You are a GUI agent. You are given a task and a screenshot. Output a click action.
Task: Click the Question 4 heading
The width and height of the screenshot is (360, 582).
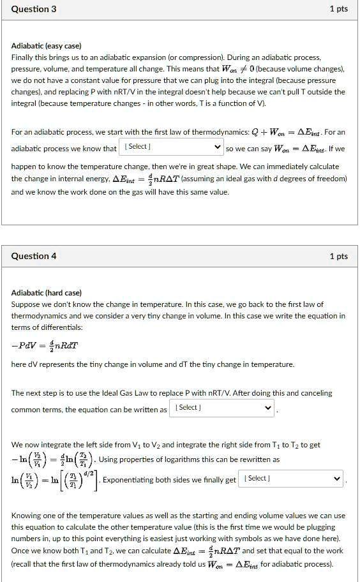click(x=34, y=256)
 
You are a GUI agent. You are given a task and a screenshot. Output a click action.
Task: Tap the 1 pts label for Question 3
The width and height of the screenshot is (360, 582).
click(x=338, y=9)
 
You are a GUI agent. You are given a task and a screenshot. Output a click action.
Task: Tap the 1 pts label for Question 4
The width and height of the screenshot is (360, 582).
click(x=338, y=256)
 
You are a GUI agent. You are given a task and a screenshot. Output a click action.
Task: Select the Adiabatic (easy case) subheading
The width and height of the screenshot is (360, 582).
click(x=47, y=46)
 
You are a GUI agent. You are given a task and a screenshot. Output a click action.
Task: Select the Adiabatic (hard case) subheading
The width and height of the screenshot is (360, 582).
click(x=47, y=293)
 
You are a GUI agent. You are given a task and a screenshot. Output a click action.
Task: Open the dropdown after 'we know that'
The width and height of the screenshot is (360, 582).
click(x=172, y=147)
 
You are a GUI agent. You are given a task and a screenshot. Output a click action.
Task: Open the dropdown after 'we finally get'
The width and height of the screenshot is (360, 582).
click(x=292, y=479)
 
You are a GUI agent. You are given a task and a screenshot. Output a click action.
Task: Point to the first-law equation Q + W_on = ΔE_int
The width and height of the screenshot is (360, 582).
click(x=279, y=132)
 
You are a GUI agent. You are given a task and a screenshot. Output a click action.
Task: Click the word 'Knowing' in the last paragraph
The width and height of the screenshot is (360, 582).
click(x=27, y=516)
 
